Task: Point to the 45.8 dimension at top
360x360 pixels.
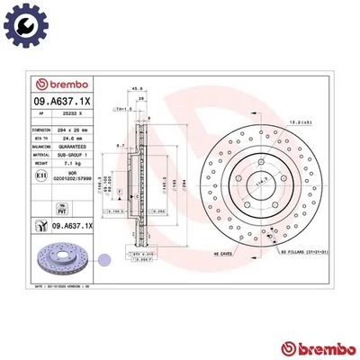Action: (x=137, y=88)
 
